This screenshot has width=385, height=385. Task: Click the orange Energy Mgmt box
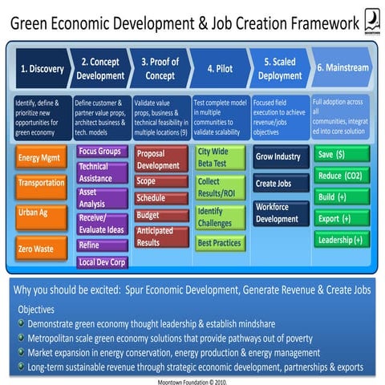40,158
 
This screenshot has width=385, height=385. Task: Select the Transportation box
40,184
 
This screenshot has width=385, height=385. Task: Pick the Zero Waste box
37,249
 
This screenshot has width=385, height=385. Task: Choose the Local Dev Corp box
102,261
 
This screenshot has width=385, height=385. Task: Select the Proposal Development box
161,160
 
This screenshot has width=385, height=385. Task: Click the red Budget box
161,215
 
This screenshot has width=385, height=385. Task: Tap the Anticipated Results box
161,237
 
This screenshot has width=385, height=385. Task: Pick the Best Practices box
220,242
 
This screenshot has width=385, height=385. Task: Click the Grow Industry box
277,156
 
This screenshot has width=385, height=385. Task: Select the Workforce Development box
277,213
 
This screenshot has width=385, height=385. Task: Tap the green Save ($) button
341,154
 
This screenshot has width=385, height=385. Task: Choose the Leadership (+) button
341,240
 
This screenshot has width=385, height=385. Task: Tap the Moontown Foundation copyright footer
192,379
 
